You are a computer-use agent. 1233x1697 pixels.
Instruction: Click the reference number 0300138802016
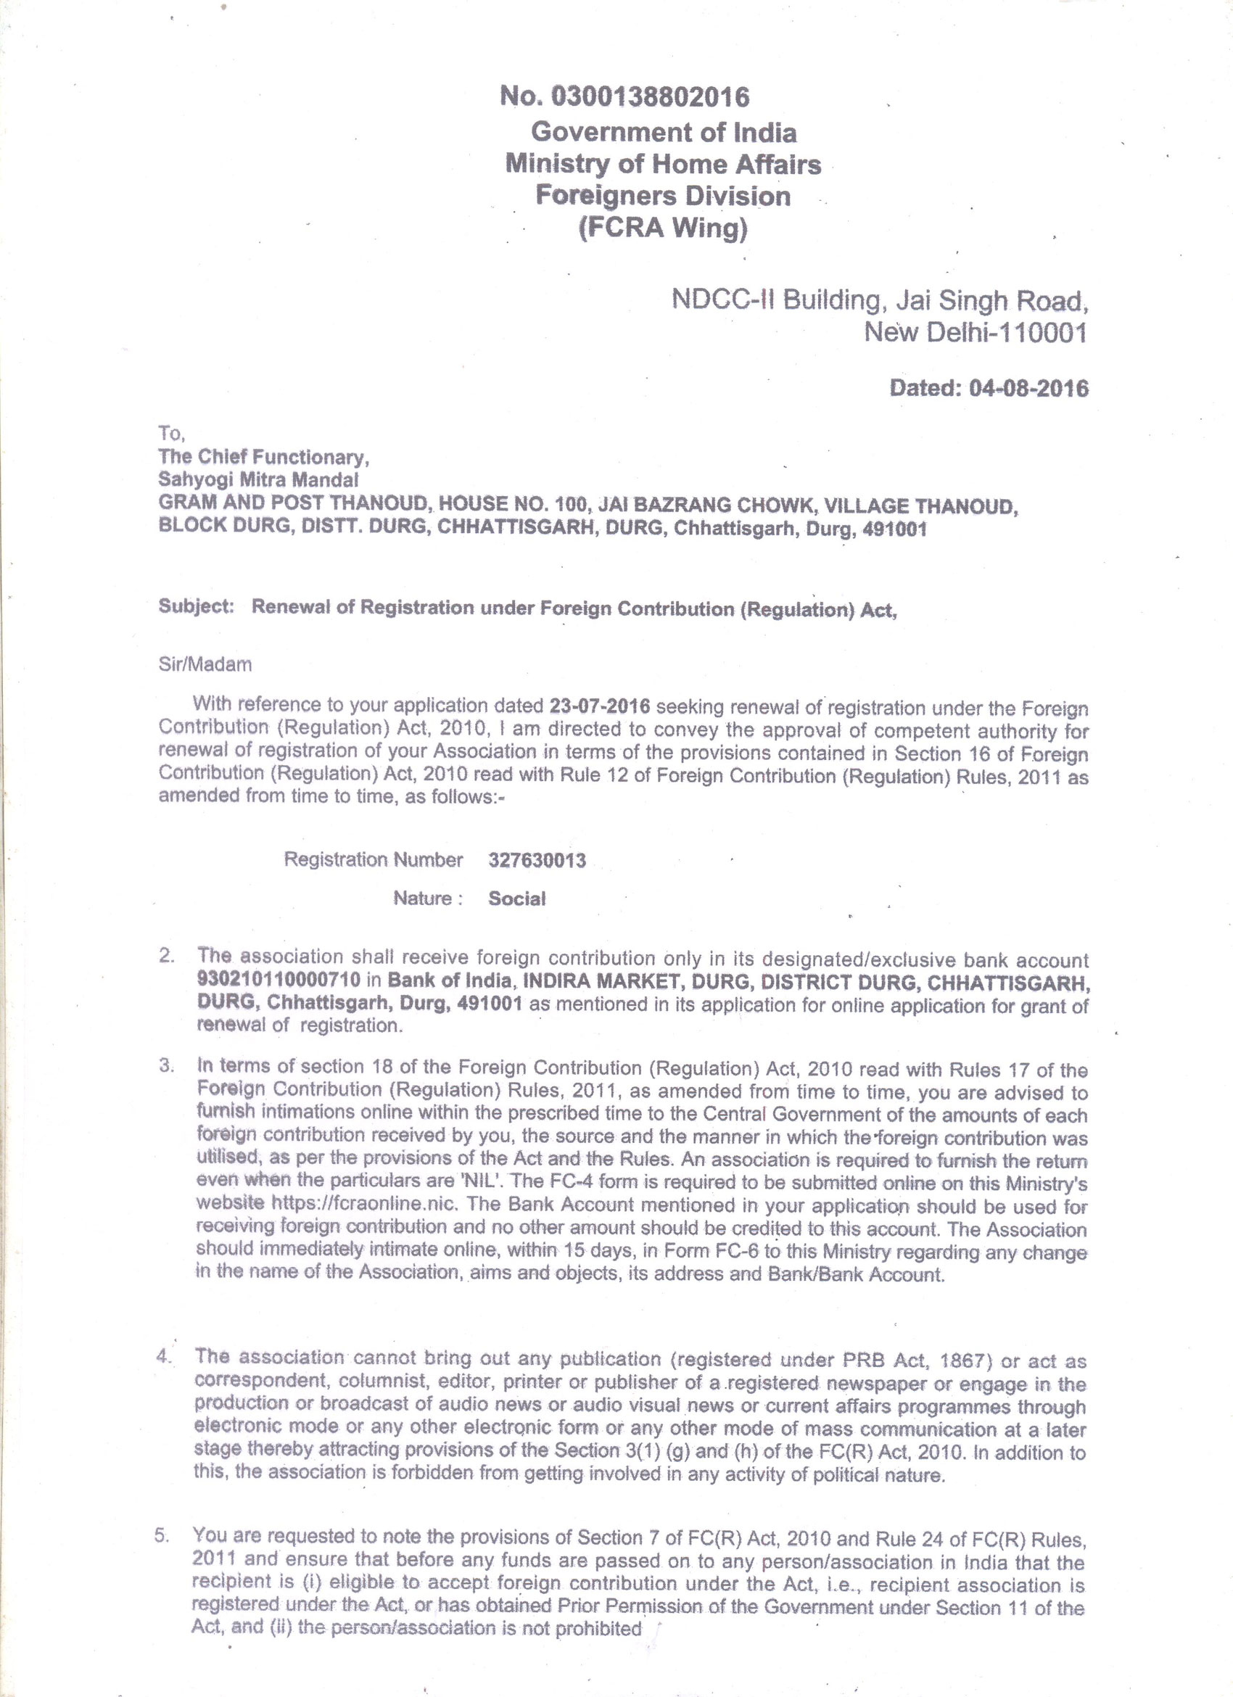650,96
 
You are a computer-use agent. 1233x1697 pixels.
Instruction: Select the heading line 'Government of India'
664,133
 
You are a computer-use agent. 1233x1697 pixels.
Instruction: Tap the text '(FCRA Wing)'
663,227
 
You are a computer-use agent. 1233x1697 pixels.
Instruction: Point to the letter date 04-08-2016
1028,388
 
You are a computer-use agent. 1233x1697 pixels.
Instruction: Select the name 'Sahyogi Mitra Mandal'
258,479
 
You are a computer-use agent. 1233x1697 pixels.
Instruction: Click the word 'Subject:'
196,607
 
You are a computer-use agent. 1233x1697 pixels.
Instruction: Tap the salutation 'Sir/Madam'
205,664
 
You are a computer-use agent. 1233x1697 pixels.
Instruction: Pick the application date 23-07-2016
599,706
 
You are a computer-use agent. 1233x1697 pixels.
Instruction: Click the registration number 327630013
537,861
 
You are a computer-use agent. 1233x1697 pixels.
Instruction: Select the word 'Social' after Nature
517,899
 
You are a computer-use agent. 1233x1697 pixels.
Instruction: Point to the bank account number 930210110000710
279,980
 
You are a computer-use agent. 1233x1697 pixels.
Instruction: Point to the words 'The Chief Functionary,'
263,456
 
